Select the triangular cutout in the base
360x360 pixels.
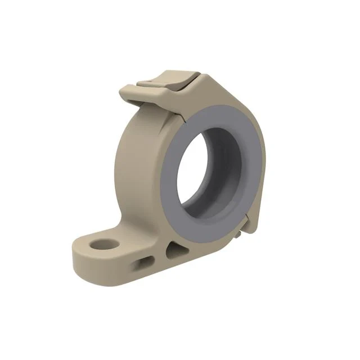(x=176, y=249)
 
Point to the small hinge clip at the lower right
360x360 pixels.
(x=243, y=228)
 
